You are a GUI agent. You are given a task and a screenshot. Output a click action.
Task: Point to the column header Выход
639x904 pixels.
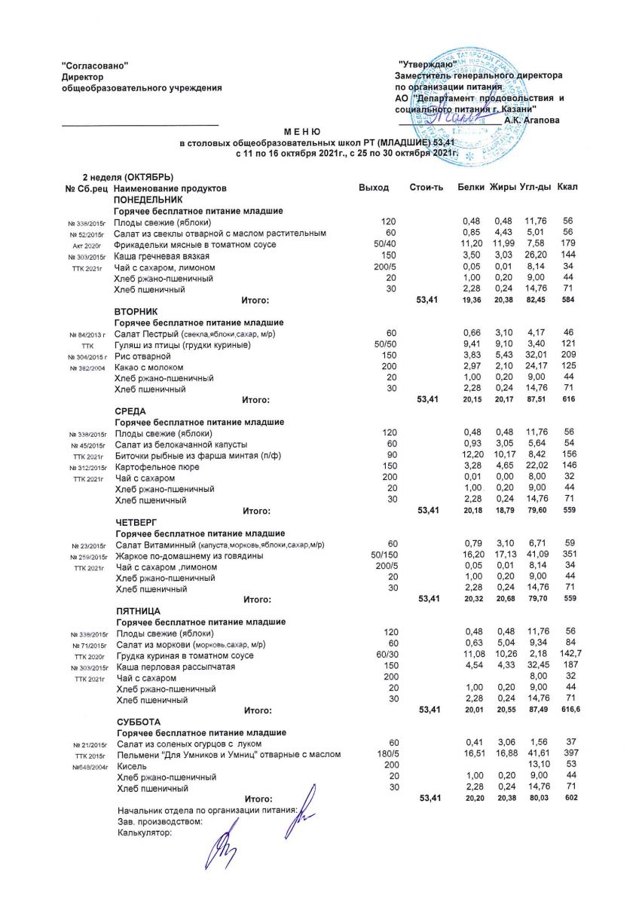point(374,187)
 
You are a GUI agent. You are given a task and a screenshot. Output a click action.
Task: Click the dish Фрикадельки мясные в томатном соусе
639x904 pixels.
point(194,245)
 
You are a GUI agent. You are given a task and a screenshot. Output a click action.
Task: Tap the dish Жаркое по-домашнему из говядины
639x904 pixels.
point(189,556)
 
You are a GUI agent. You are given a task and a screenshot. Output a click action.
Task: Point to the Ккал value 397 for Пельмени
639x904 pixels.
point(570,754)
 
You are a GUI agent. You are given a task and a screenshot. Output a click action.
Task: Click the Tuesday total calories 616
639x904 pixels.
point(569,400)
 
